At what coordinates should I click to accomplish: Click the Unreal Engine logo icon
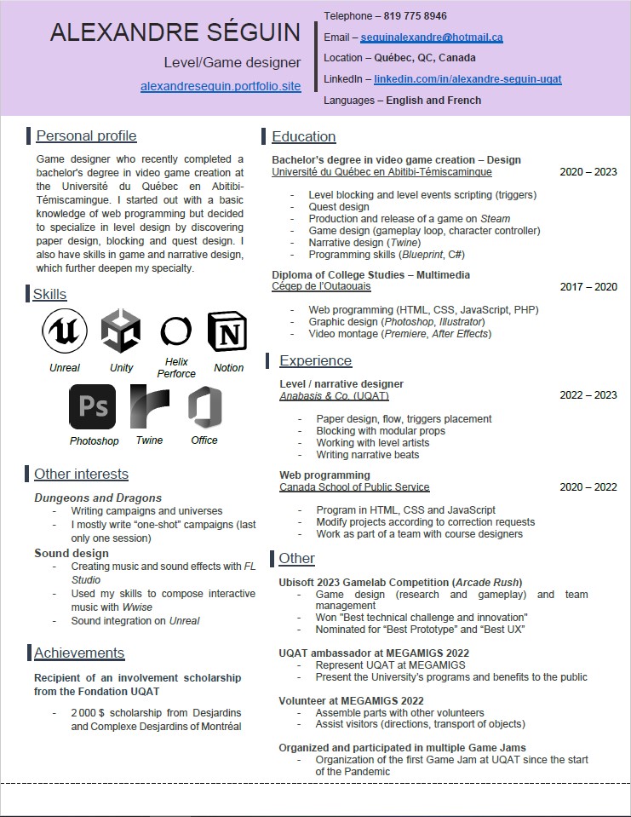[65, 331]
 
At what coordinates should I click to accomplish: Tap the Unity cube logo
[121, 331]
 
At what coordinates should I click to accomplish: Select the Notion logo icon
[228, 331]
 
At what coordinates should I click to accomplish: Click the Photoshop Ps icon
[92, 406]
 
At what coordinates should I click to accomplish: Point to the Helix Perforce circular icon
[175, 331]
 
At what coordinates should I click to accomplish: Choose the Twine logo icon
[150, 406]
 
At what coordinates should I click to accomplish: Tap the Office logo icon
[204, 406]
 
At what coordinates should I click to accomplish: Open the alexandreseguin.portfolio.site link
[221, 87]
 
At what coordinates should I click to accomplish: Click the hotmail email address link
[431, 37]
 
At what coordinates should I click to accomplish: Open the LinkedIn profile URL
[468, 79]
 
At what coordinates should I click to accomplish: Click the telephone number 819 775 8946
[411, 16]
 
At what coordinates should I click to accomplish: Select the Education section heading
[303, 136]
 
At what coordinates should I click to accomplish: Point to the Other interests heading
[81, 474]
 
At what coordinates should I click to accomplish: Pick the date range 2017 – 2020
[588, 287]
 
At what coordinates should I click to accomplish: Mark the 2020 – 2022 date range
[588, 487]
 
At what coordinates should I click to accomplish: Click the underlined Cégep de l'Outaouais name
[321, 287]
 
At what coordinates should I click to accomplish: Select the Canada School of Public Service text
[354, 487]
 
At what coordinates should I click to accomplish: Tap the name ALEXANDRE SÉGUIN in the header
[175, 33]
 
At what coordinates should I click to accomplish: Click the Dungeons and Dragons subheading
[98, 498]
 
